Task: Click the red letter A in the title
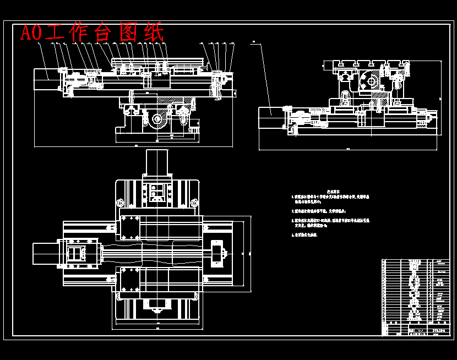(x=26, y=33)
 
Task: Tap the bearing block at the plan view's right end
(x=217, y=254)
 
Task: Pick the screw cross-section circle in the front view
(x=158, y=119)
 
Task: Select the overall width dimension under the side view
(x=348, y=149)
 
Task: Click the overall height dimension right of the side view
(x=440, y=99)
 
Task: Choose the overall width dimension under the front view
(x=134, y=146)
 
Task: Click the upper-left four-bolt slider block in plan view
(x=130, y=226)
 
